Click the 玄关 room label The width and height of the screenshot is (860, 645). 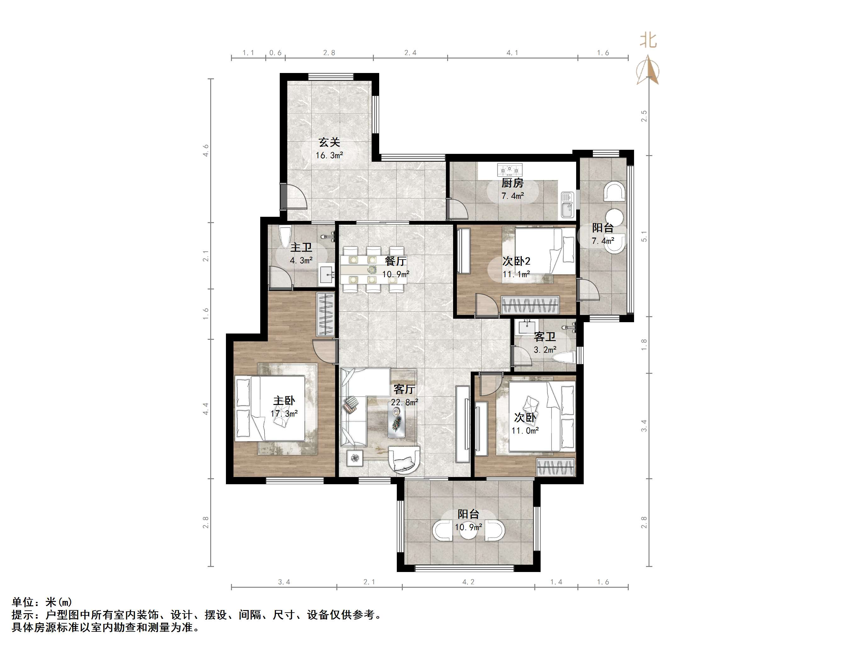[x=329, y=142]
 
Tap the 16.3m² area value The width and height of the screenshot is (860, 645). [x=329, y=155]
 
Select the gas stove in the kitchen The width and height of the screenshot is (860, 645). [x=510, y=170]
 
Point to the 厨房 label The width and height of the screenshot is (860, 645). [x=512, y=183]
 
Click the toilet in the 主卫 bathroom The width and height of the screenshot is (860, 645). [x=285, y=236]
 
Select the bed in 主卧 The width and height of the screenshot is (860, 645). [x=277, y=408]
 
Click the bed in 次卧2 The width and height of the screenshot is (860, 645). [x=544, y=251]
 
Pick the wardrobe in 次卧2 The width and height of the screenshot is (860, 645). [x=530, y=305]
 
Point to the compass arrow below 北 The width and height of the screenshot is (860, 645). [x=648, y=70]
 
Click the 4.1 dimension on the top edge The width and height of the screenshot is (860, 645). [x=512, y=53]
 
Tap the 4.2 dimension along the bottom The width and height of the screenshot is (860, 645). [x=468, y=582]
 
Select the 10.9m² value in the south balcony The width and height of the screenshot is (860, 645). [x=468, y=528]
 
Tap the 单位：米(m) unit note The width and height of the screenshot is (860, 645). [x=42, y=602]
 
